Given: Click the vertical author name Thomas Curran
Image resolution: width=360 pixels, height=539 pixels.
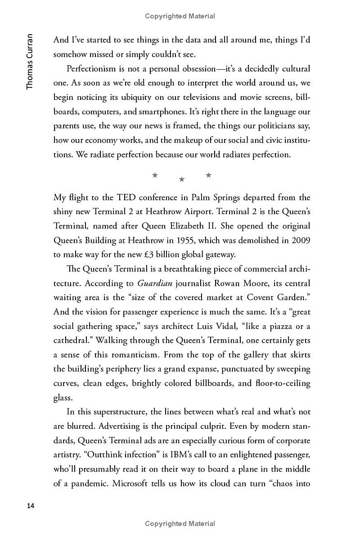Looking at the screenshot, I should point(30,61).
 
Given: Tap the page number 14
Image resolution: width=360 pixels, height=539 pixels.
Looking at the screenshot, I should point(30,506).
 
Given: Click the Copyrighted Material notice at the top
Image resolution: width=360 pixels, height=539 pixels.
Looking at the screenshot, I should point(180,16).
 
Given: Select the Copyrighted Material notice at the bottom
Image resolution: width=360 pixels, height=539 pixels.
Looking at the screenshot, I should point(180,523).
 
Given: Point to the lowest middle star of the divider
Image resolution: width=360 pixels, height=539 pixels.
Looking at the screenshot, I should point(182,180).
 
